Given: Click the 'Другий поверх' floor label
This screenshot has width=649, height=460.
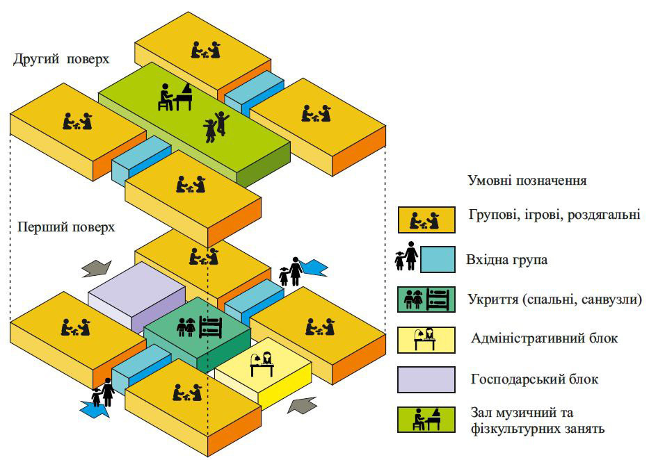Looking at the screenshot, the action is coord(61,60).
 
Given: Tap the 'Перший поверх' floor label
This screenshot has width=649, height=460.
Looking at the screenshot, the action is coord(66,227).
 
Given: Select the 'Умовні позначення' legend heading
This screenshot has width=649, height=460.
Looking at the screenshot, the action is coord(527,181).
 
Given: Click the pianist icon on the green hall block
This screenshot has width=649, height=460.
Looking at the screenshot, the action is coord(175,97).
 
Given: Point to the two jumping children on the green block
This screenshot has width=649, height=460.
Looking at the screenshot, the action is coord(216,126).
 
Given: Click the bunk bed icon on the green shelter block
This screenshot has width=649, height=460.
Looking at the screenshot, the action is coord(211,327).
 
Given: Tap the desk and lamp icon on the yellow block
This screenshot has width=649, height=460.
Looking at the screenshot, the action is coord(262,363).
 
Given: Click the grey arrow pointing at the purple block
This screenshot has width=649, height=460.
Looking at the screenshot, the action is coord(97,269).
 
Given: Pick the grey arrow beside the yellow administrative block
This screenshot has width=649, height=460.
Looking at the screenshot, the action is coord(302,404).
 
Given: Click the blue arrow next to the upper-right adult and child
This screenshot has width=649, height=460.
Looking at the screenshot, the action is coord(313,268).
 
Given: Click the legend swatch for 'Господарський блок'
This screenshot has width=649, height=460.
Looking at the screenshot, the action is coord(426,379).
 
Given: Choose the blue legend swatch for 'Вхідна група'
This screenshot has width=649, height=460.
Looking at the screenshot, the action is coord(438,260).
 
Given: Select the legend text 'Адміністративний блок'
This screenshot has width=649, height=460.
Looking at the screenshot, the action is coord(544,338).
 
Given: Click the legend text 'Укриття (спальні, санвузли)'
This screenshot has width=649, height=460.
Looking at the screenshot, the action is coord(555,299).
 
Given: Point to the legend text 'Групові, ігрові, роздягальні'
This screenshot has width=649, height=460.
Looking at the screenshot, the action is coord(554,215).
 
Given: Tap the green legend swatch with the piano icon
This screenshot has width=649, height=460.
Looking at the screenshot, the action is coord(426,420).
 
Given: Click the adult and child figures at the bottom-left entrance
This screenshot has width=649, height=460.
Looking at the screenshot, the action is coord(104,393).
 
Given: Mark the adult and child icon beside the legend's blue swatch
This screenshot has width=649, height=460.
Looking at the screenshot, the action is coord(406,256).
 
